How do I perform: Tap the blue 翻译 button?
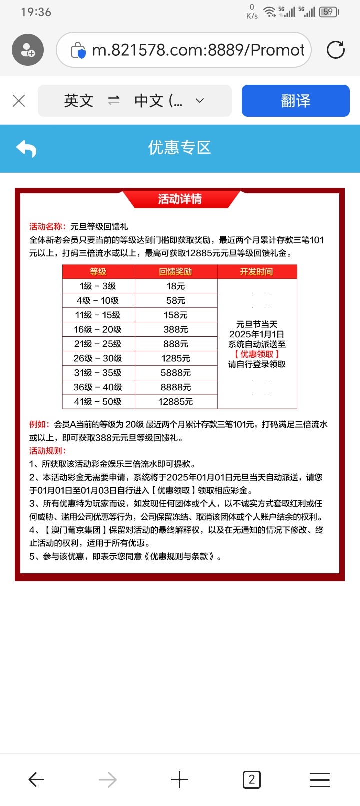coord(295,101)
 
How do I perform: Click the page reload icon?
coord(335,50)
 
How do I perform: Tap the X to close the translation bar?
coord(19,101)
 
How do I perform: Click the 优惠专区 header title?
coord(180,147)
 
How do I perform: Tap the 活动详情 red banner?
coord(180,199)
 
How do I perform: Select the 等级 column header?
coord(98,271)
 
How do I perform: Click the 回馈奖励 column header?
coord(176,271)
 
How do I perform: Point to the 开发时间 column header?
coord(257,271)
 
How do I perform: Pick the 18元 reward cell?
coord(176,286)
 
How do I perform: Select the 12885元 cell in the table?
coord(176,402)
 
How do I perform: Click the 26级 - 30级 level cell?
coord(98,358)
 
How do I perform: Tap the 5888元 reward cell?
coord(176,373)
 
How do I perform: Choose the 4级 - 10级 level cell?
coord(98,301)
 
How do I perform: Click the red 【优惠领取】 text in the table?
coord(257,354)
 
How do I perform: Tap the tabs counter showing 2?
coord(251,779)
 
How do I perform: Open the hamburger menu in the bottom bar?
coord(320,779)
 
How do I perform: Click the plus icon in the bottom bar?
coord(179,779)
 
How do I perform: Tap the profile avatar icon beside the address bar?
coord(28,50)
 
